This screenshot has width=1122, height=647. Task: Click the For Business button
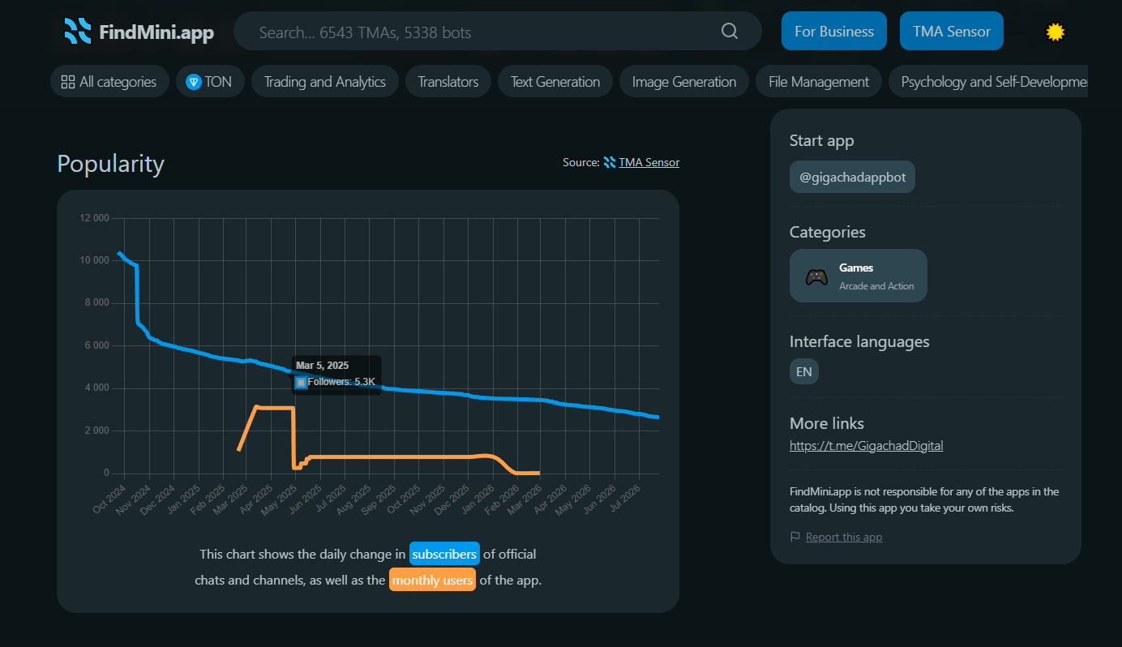834,31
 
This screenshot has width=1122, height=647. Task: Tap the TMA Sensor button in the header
951,31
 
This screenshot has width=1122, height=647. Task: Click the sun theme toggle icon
1056,32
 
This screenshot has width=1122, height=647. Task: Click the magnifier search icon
730,31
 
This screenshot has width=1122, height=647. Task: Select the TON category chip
210,81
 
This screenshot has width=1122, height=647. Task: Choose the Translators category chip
448,81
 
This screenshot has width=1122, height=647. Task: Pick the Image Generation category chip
683,81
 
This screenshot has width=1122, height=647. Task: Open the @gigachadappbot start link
852,177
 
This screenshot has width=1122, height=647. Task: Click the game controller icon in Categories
816,276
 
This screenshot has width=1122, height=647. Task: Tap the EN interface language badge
804,371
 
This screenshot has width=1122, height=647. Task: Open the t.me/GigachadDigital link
866,446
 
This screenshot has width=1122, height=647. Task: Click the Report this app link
844,537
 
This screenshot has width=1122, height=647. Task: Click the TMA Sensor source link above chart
649,162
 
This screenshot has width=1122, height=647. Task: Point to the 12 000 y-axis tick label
94,218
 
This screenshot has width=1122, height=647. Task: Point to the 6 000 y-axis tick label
96,345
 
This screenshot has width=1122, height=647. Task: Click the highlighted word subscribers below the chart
444,554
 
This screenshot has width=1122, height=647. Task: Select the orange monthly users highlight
432,580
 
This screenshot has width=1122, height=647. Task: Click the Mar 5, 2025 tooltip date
322,366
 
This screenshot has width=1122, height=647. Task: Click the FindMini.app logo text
156,32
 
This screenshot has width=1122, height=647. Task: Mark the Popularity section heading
111,164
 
